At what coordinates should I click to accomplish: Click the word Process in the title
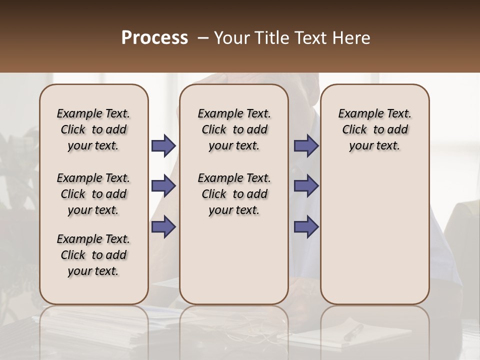pos(154,38)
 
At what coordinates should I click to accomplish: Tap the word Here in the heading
pos(351,38)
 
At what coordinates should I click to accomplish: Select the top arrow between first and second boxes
pos(163,146)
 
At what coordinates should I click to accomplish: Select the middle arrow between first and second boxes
pos(163,186)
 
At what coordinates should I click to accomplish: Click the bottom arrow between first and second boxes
pos(163,227)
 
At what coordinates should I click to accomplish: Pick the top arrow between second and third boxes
pos(306,146)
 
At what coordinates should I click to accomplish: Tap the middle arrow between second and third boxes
pos(306,186)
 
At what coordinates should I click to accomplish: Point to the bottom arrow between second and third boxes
pos(306,227)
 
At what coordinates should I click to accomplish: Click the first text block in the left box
pos(93,129)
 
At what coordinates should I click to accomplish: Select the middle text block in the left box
pos(93,194)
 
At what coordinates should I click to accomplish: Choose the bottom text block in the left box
pos(93,255)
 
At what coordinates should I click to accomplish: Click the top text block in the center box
pos(234,129)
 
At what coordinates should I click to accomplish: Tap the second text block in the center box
pos(234,194)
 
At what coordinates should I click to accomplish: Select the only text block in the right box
pos(374,129)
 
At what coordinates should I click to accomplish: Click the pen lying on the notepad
pos(353,332)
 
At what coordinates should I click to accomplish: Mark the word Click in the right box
pos(354,130)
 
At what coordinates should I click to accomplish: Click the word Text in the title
pos(311,38)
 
